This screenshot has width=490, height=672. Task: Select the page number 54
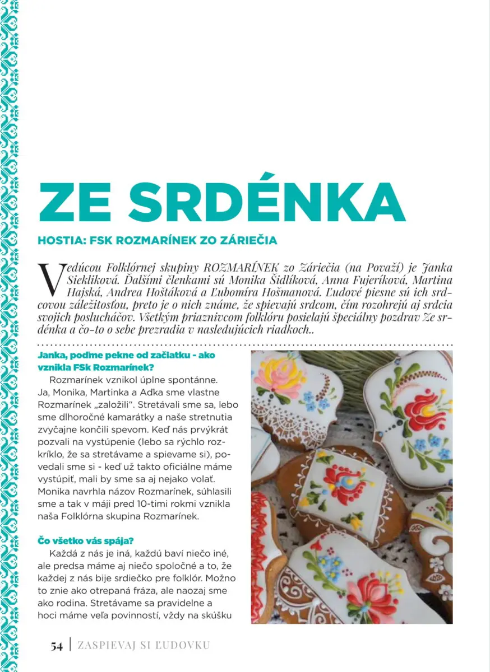pos(57,646)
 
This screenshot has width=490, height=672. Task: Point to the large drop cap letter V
pos(50,278)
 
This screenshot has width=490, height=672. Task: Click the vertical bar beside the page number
pos(70,646)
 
